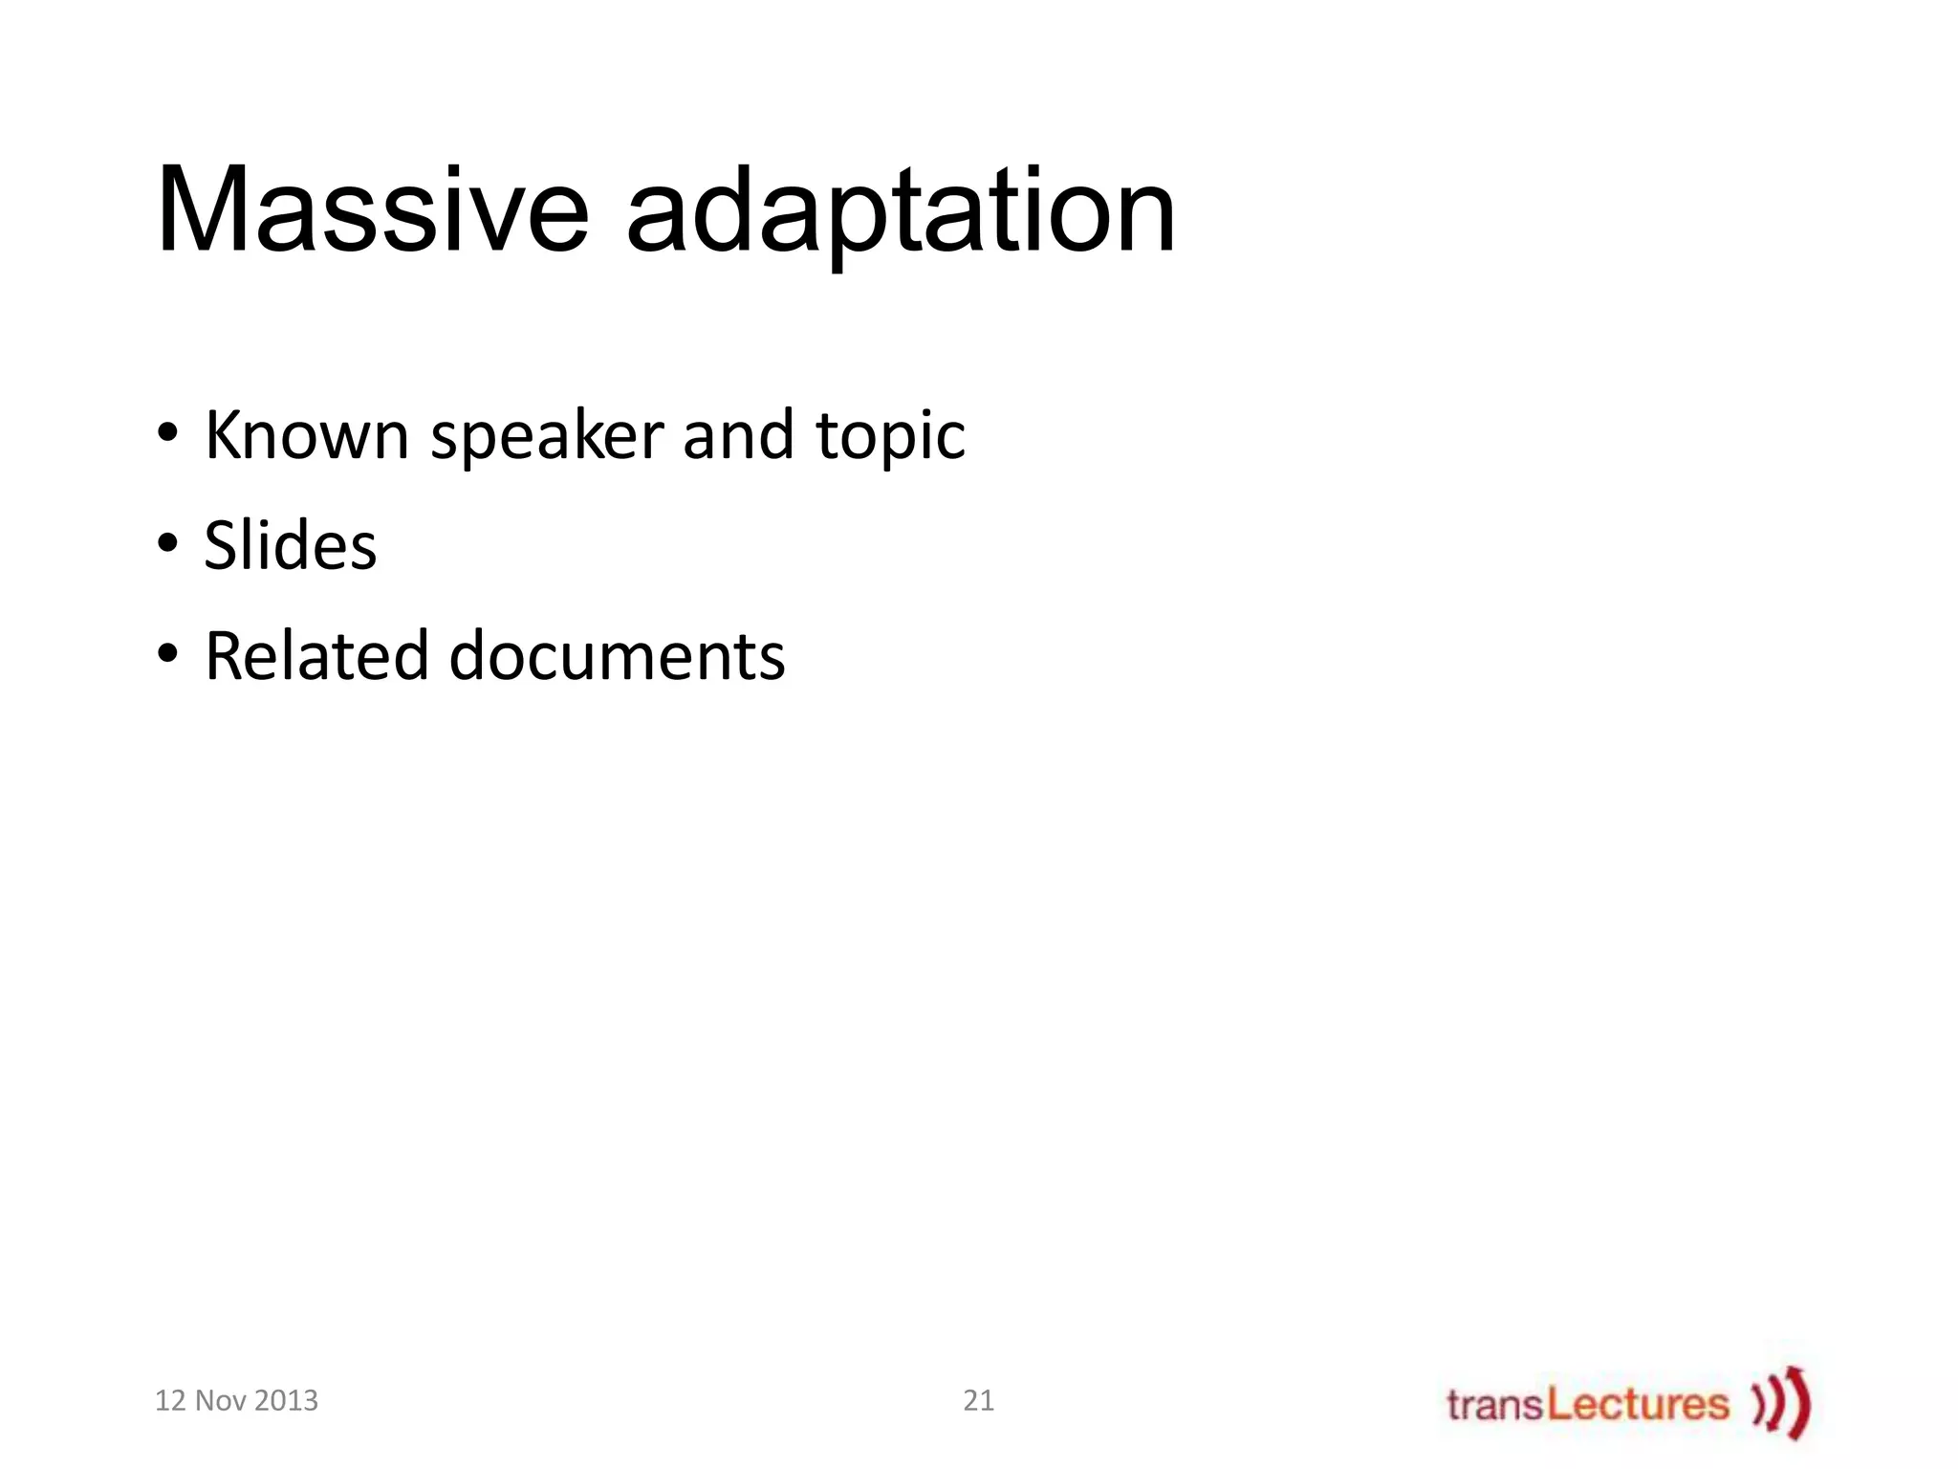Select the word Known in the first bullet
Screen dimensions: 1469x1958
click(307, 435)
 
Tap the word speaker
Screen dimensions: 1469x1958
click(547, 437)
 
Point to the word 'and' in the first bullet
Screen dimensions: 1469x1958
click(737, 435)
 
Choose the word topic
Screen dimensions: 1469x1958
click(890, 437)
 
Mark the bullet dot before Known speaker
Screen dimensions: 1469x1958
click(168, 433)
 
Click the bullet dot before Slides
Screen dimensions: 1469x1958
click(168, 543)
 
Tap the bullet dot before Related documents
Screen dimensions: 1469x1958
click(168, 654)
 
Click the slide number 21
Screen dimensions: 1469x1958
click(978, 1400)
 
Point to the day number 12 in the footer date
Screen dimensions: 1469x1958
click(170, 1400)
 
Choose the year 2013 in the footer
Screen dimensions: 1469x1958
click(286, 1400)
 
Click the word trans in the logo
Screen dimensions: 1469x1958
click(1495, 1405)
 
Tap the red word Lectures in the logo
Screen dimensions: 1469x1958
click(1638, 1404)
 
